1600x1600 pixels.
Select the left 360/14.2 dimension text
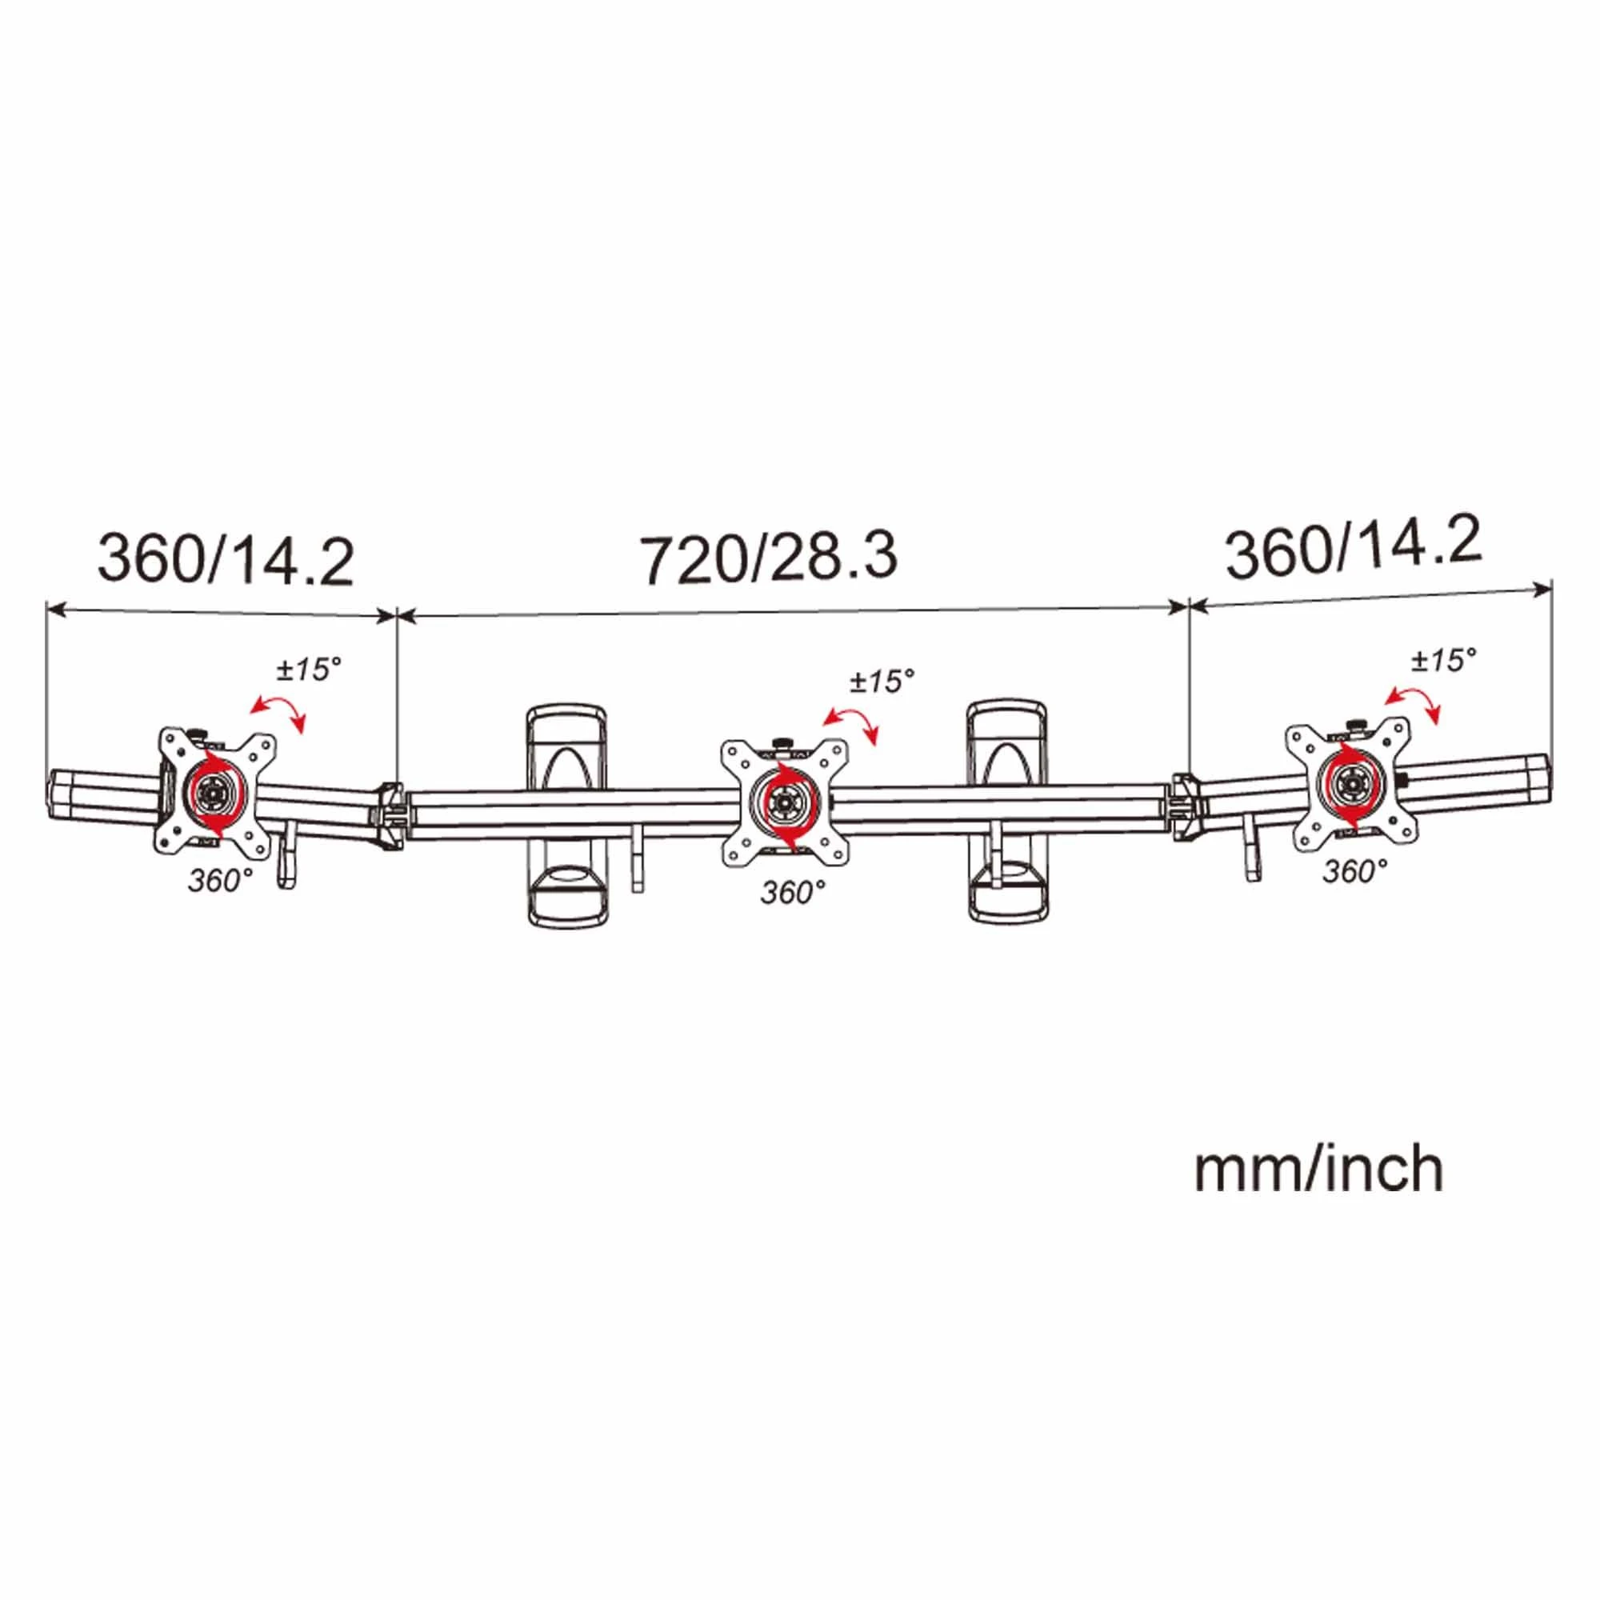[226, 561]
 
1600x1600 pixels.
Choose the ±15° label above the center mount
[882, 681]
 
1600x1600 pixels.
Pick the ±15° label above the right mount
[1444, 660]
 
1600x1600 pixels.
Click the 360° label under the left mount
[219, 880]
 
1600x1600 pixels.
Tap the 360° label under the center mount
[793, 892]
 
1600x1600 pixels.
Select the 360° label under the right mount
[1355, 870]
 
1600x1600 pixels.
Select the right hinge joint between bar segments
[1186, 806]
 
